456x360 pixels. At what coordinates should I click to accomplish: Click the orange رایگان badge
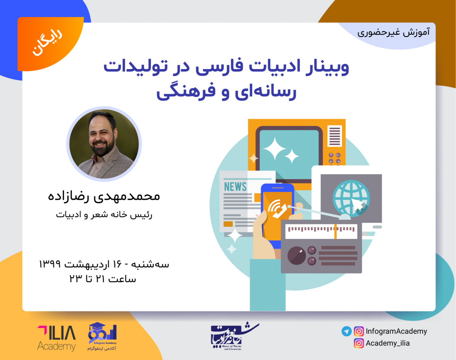tap(50, 43)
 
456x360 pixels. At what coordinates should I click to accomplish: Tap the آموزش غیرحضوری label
tap(394, 32)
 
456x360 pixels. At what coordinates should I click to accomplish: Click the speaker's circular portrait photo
tap(104, 144)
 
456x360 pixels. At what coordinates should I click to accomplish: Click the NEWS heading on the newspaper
tap(235, 187)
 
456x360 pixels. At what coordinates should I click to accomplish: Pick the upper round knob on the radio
tap(312, 250)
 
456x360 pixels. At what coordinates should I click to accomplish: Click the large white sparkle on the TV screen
tap(274, 148)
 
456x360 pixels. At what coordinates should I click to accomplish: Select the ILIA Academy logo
tap(56, 338)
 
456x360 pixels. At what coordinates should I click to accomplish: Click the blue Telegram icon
tap(346, 331)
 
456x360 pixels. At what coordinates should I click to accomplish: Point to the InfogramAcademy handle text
tap(396, 331)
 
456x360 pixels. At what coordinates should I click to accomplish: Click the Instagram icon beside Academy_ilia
tap(358, 343)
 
